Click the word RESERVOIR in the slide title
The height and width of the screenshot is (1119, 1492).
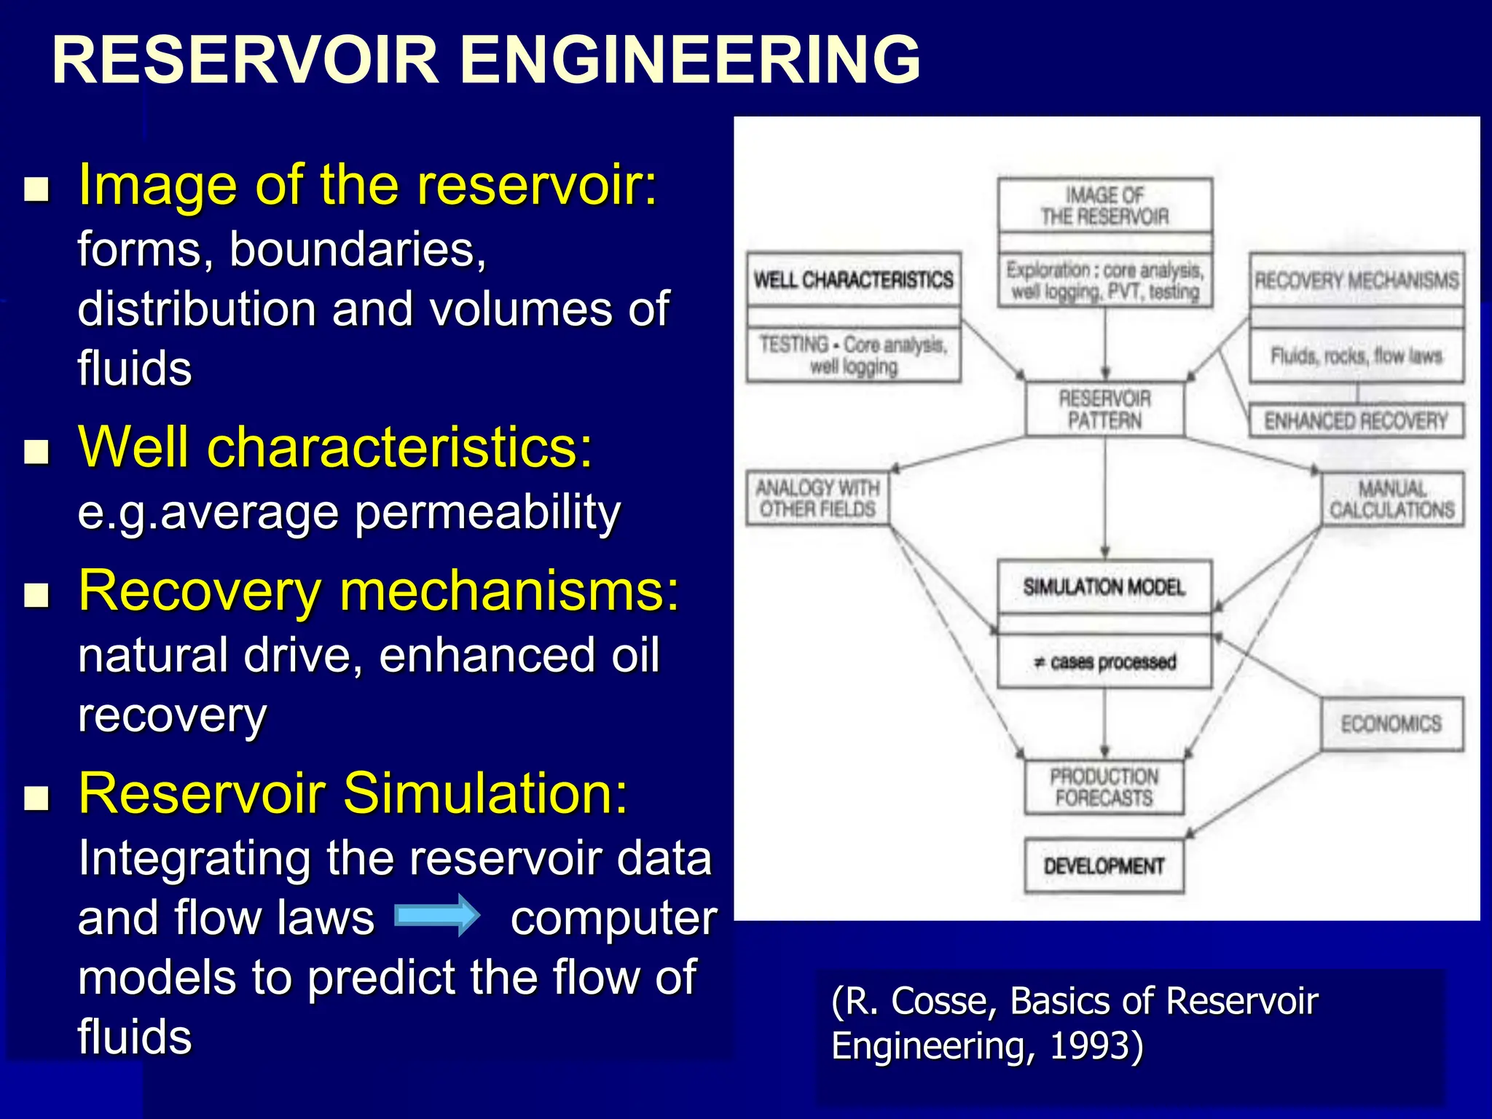[245, 60]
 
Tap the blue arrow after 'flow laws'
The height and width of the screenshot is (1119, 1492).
[437, 915]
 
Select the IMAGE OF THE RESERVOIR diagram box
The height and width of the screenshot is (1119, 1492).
[1104, 206]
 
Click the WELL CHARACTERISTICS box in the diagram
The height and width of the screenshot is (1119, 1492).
[853, 280]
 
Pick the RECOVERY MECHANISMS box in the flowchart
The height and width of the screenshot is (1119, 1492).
[1356, 280]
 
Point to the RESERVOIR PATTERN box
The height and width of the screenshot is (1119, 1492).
[1104, 409]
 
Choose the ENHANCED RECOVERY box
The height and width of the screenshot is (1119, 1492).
[1356, 421]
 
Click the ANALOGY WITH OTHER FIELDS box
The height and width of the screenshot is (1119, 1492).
[817, 498]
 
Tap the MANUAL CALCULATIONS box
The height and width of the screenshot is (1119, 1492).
[1392, 499]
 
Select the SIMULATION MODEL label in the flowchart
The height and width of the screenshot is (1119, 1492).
[1104, 587]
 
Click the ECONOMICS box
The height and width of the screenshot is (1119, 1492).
[1391, 723]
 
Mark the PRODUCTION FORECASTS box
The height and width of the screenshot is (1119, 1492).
[1104, 787]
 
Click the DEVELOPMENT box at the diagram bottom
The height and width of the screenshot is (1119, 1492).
[1104, 866]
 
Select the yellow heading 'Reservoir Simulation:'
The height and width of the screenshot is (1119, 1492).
[353, 793]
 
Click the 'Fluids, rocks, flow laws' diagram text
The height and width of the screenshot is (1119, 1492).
[1356, 356]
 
